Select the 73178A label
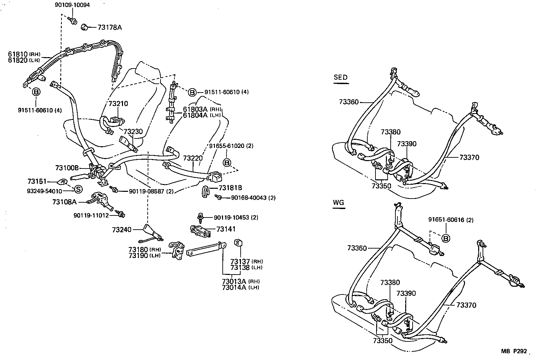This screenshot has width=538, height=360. click(x=109, y=27)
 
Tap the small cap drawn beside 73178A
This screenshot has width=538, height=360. click(x=84, y=27)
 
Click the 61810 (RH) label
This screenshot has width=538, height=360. click(x=24, y=54)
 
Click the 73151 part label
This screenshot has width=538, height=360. click(x=37, y=182)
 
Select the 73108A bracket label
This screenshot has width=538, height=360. click(x=65, y=202)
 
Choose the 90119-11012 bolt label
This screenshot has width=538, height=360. click(x=91, y=215)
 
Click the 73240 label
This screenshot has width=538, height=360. click(x=122, y=230)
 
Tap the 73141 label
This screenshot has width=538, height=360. click(x=225, y=229)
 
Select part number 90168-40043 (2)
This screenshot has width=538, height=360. click(x=253, y=198)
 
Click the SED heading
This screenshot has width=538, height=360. click(x=340, y=77)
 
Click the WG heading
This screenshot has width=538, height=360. click(x=338, y=203)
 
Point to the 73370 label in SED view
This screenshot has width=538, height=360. click(x=469, y=157)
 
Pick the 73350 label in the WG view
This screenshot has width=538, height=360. click(x=383, y=341)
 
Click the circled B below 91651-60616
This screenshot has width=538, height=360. click(x=446, y=238)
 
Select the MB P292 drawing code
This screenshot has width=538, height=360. click(x=514, y=352)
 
